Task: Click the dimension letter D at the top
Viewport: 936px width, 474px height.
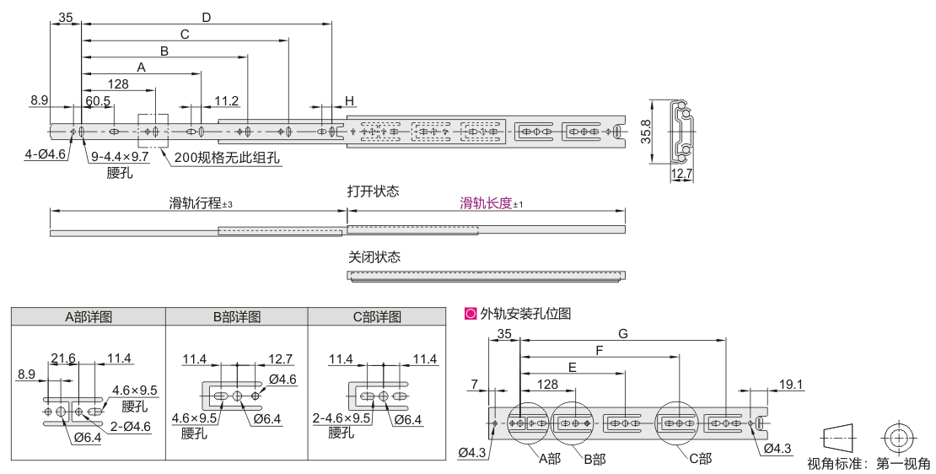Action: click(207, 17)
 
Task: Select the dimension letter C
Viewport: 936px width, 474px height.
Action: click(185, 34)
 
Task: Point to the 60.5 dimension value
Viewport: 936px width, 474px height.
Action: click(98, 101)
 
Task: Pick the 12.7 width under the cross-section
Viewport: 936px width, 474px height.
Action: click(681, 175)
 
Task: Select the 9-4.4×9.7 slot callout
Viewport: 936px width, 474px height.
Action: click(121, 157)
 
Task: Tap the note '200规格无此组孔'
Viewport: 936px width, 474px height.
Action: click(227, 158)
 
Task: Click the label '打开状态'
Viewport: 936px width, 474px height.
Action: click(373, 191)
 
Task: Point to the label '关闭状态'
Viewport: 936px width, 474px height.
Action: click(373, 257)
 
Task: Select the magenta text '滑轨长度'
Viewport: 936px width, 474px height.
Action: click(487, 203)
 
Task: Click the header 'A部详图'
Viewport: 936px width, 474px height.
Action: click(89, 317)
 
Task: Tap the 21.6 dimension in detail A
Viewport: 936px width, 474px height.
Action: click(63, 359)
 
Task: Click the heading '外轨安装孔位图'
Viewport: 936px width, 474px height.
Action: click(525, 314)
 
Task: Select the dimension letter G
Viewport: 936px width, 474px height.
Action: click(622, 333)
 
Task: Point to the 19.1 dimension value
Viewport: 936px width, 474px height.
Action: click(790, 385)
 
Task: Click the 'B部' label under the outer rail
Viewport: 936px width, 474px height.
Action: click(593, 458)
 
